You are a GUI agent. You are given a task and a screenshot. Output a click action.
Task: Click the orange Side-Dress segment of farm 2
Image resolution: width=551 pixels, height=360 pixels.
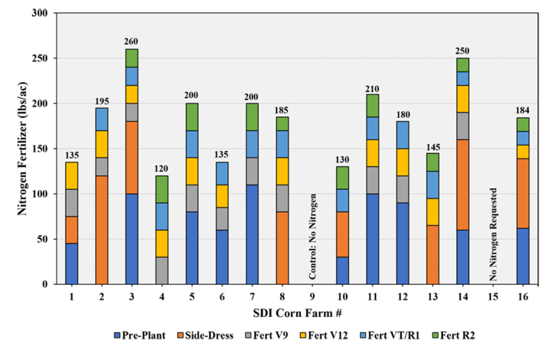point(102,230)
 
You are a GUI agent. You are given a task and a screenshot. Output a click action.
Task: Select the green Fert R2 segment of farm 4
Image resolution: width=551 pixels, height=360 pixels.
point(162,189)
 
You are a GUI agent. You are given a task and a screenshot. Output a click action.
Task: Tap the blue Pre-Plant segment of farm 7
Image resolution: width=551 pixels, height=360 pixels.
point(253,234)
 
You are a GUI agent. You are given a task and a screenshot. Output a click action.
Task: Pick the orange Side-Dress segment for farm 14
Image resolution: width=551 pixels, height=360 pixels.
point(463,185)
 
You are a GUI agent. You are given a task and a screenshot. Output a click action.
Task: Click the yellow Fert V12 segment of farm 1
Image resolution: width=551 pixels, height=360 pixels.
point(72,175)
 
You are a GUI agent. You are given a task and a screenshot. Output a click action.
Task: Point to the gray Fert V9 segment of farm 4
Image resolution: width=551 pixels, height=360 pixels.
point(162,270)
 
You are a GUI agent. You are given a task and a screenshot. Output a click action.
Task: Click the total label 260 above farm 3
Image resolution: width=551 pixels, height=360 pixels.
point(131,41)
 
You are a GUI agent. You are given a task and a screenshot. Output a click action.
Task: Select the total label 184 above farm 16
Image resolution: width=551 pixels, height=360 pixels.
point(523,110)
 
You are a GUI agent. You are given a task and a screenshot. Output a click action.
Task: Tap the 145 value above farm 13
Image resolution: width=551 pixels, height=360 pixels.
point(432,147)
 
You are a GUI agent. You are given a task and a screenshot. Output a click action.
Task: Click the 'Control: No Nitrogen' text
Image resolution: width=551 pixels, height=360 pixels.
point(312,236)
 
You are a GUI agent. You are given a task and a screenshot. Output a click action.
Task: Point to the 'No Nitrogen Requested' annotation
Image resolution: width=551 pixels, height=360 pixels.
point(494,234)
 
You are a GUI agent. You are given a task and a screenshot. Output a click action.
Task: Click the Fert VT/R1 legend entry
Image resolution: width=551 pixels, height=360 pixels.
point(390,335)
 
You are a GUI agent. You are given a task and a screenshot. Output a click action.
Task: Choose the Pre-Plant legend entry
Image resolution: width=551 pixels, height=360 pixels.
point(140,335)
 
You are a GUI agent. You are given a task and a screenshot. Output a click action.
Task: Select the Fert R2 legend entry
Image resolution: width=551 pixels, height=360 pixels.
point(453,335)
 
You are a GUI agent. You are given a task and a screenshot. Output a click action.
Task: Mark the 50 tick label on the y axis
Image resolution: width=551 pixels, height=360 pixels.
point(43,240)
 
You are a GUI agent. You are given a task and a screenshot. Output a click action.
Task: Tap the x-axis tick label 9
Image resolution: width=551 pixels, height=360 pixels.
point(312,297)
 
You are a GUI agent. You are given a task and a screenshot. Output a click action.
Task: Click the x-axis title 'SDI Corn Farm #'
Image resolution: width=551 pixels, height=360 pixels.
point(297,313)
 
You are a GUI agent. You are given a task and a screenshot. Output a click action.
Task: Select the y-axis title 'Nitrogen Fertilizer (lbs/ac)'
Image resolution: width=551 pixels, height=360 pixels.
point(22,149)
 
